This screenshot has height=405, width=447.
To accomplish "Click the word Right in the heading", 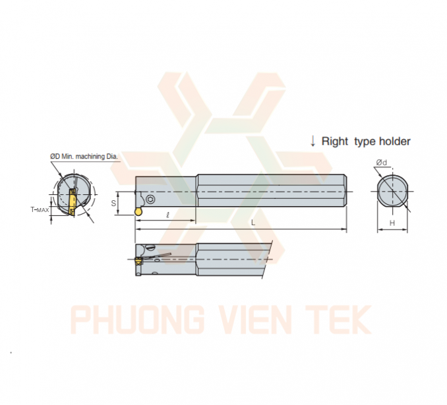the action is (x=335, y=142).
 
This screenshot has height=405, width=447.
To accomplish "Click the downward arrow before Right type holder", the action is (x=313, y=141).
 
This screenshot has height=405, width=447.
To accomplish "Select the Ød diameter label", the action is (x=382, y=163).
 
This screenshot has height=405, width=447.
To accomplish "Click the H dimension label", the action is (x=392, y=223).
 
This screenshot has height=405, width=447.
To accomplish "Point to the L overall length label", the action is (x=253, y=223).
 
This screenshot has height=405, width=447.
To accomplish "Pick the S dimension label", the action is (x=113, y=203).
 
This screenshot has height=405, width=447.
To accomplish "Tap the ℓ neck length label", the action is (x=167, y=215).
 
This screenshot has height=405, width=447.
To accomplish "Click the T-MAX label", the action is (x=40, y=210).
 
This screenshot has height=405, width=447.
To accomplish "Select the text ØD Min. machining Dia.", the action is (x=84, y=156).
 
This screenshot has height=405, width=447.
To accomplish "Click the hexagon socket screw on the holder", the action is (x=150, y=200).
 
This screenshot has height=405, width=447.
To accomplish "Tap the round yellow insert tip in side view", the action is (x=138, y=211).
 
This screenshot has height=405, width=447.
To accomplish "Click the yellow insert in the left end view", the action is (x=71, y=202).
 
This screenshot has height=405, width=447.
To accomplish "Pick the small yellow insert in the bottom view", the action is (x=138, y=261).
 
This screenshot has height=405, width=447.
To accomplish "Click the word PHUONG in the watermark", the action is (x=137, y=319).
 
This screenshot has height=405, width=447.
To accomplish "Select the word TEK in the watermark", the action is (x=338, y=319).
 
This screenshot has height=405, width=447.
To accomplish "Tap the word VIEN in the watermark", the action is (x=255, y=319).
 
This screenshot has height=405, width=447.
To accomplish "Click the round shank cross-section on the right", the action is (x=392, y=191).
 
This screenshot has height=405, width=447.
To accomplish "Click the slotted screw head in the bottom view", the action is (x=150, y=247).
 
